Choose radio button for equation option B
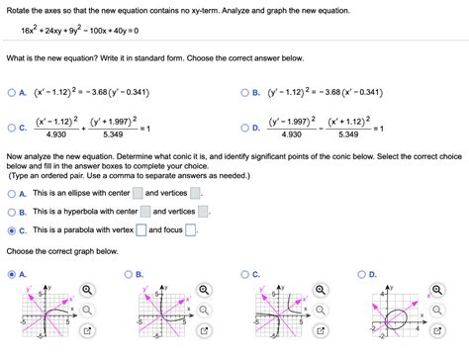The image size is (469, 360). (243, 96)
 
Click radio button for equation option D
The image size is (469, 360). (243, 128)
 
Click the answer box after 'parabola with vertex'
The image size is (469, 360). (141, 230)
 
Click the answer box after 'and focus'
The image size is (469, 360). (191, 230)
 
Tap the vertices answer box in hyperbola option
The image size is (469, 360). (203, 212)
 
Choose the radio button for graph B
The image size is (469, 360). (128, 274)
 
